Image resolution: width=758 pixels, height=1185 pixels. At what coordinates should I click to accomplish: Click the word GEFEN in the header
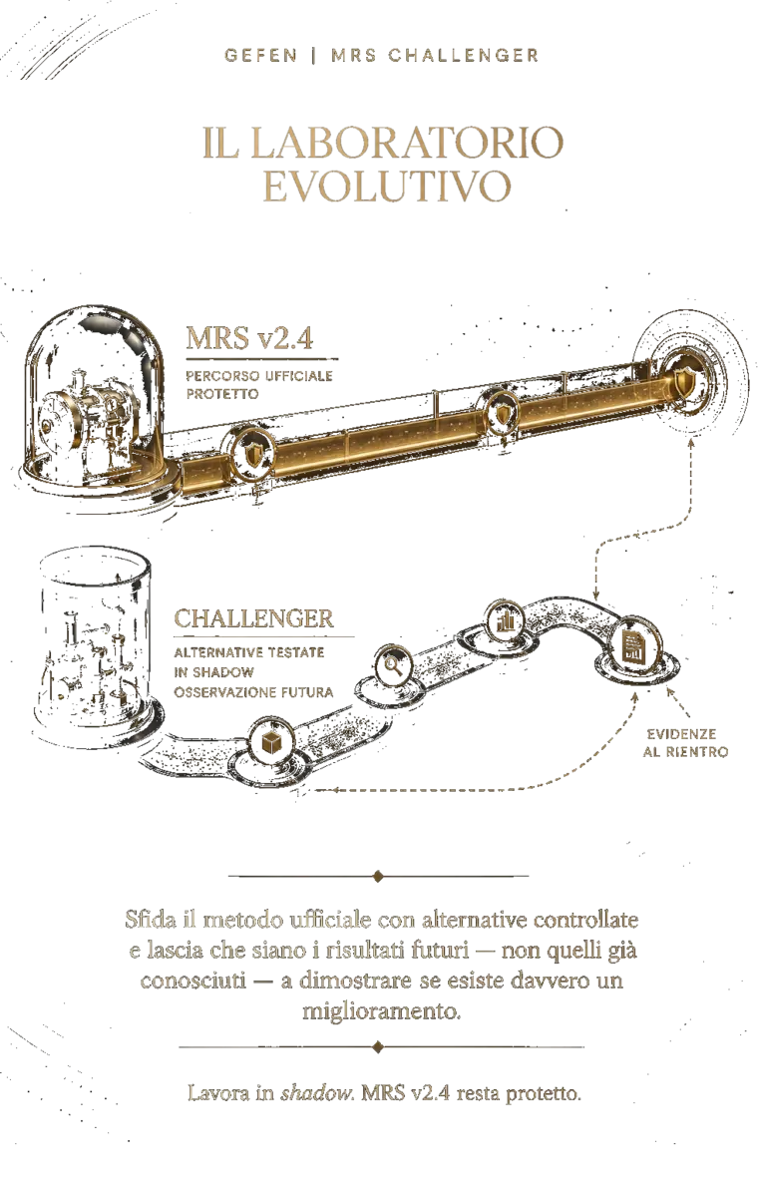[260, 56]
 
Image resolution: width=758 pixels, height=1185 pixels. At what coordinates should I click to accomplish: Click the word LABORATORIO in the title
[407, 143]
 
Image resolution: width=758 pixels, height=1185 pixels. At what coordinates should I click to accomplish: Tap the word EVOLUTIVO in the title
[387, 186]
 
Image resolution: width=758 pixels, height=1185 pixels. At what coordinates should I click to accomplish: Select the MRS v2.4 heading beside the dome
[249, 338]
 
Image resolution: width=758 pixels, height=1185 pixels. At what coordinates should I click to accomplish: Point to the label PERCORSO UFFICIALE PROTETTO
[259, 385]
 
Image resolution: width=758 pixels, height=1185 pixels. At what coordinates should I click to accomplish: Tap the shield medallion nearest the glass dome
[251, 455]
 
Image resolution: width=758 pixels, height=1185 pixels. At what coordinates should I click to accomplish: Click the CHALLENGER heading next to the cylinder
[254, 619]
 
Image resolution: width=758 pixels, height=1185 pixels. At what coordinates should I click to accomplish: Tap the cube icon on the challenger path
[269, 744]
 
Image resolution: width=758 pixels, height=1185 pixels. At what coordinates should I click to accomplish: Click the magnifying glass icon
[395, 665]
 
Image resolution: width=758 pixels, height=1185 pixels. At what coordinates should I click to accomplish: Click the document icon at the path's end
[633, 644]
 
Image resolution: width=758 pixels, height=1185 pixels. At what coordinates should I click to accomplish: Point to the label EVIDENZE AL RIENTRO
[685, 743]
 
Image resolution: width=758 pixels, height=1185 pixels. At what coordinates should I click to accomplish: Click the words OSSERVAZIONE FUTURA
[254, 691]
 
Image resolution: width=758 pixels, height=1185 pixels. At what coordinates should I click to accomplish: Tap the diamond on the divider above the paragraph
[378, 876]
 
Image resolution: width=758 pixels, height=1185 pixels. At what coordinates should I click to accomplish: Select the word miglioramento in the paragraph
[381, 1010]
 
